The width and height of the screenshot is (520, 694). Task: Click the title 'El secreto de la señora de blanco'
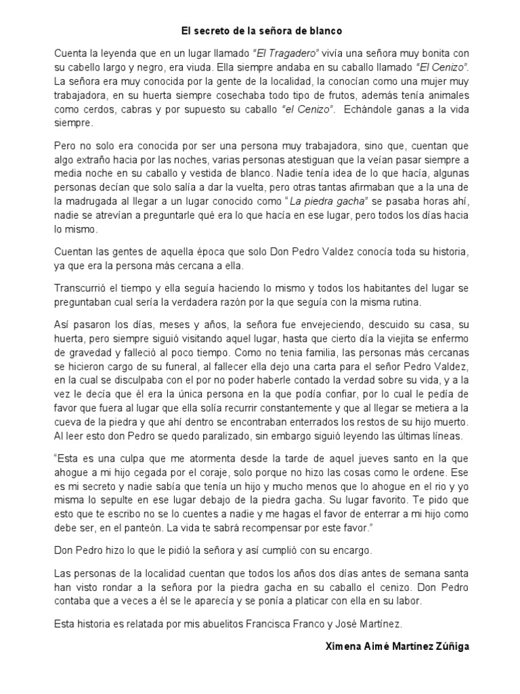point(262,30)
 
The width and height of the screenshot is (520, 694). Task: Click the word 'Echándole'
point(366,110)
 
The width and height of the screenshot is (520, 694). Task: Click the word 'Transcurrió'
point(83,288)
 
